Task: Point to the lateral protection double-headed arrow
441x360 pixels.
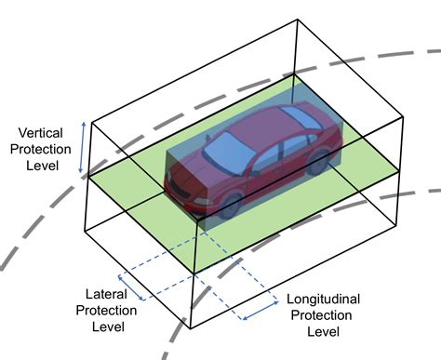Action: [131, 287]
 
